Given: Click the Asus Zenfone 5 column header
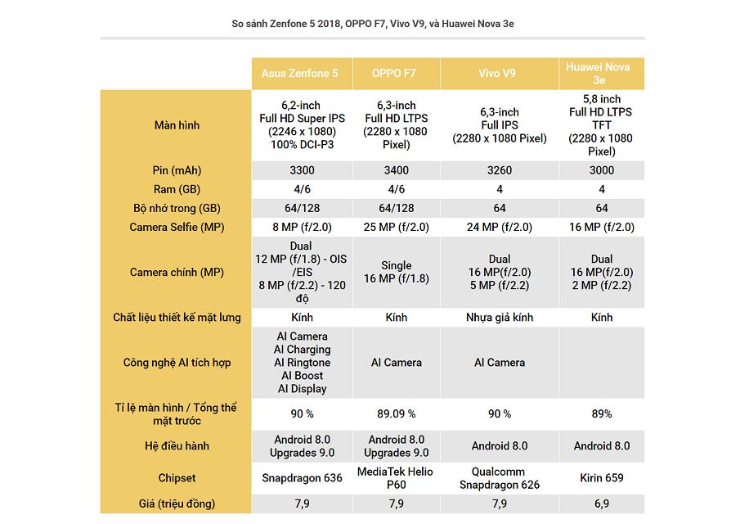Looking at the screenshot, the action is pos(299,73).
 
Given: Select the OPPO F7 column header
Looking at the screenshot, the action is pos(393,73).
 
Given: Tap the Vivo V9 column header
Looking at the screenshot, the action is pos(497,73).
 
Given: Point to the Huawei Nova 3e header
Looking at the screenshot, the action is pos(598,73).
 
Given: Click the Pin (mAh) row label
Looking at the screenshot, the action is pos(177,170).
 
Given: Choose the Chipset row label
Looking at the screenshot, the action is pos(177,478).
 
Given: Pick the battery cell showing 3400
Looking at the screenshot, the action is pos(397,170).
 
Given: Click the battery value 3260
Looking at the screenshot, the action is pos(499,170).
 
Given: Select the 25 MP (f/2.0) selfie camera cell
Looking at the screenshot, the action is pos(396,227).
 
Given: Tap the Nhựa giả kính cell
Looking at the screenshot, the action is pos(499,318).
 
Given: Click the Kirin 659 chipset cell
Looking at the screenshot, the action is pos(601,478).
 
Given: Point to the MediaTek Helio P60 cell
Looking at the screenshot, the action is pos(396,478).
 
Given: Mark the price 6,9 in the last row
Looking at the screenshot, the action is pos(601,504).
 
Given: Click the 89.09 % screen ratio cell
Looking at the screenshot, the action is pos(396,413).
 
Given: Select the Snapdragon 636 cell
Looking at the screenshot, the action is pos(302,478).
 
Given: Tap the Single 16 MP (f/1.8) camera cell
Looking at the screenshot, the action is pos(396,272).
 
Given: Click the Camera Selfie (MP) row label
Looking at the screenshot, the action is pos(177,227).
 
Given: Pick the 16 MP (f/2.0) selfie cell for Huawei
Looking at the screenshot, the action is pos(601,227).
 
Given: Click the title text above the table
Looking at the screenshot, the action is pos(373,24).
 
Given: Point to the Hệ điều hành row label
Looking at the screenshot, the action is pos(177,446).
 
